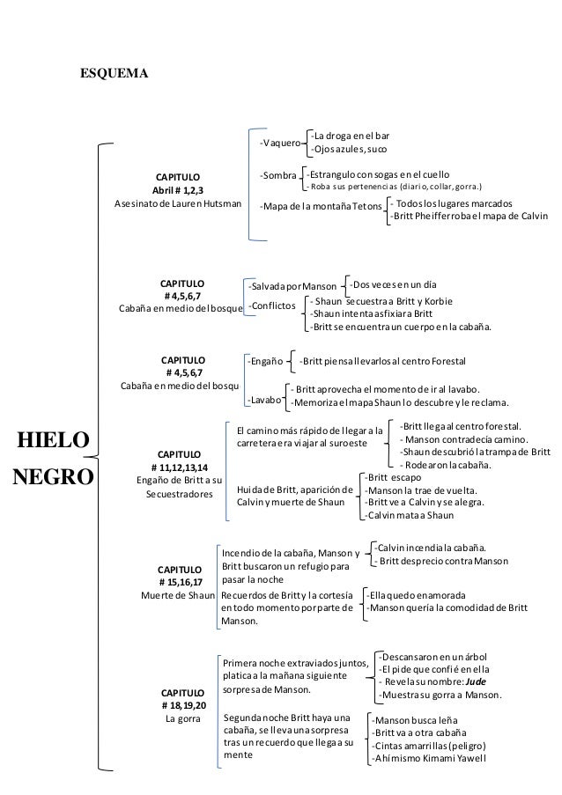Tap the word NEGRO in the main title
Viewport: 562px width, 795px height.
click(52, 476)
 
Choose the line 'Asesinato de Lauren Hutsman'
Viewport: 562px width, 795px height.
click(178, 204)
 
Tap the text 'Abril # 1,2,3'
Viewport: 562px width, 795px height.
click(178, 190)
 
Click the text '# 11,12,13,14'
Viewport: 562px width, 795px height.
click(179, 467)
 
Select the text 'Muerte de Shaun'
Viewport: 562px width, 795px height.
click(179, 595)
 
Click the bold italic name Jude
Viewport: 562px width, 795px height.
click(476, 681)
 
